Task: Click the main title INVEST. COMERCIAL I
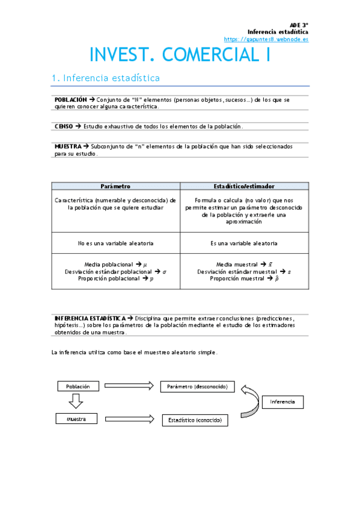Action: [x=180, y=55]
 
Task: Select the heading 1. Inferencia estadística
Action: [x=106, y=78]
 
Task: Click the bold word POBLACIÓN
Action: [x=70, y=99]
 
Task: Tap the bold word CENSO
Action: [x=63, y=126]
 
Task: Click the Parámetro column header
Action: [x=115, y=186]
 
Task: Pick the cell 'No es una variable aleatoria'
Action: [x=115, y=243]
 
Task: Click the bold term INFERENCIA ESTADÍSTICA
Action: [x=90, y=318]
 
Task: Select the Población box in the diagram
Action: [x=78, y=387]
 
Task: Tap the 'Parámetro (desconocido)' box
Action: [x=197, y=387]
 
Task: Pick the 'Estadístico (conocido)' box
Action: [x=195, y=420]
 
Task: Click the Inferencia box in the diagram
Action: [x=282, y=402]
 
